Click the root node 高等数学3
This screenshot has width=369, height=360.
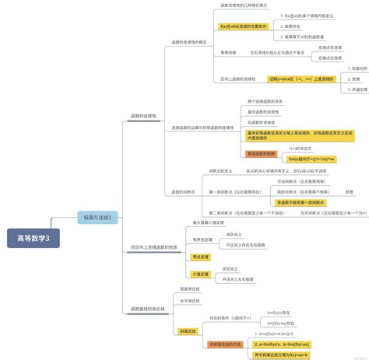coord(27,237)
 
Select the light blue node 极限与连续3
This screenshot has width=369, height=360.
coord(97,218)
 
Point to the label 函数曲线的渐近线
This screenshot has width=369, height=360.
coord(148,309)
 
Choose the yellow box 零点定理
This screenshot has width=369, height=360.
coord(201,256)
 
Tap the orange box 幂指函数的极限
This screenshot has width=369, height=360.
coord(261,153)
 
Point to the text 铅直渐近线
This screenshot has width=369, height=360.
coord(190,288)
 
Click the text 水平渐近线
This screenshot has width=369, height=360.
coord(190,300)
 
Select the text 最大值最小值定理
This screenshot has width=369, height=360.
coord(209,222)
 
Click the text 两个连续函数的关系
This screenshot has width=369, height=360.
coord(265,102)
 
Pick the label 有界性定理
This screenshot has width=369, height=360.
coord(203,239)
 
